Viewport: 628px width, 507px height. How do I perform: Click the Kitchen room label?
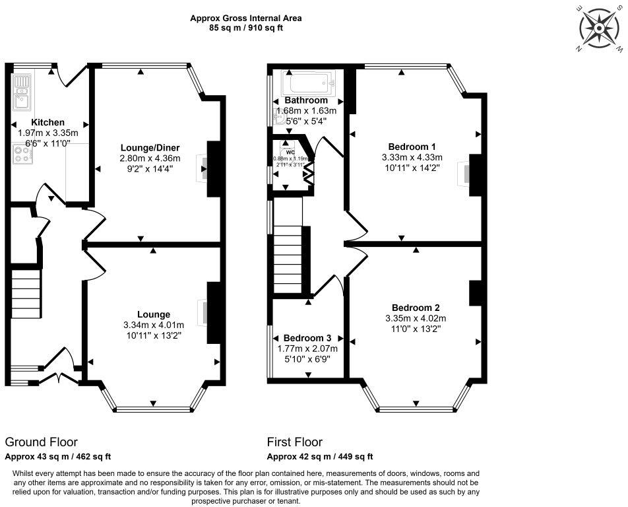pyautogui.click(x=48, y=122)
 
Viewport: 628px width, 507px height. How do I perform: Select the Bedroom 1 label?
pyautogui.click(x=412, y=146)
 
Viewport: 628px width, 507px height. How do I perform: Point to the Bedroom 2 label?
pyautogui.click(x=416, y=308)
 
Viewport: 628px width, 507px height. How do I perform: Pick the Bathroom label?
pyautogui.click(x=306, y=100)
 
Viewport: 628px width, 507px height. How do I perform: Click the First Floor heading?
pyautogui.click(x=295, y=442)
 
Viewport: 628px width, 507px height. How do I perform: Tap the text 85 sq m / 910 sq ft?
pyautogui.click(x=241, y=28)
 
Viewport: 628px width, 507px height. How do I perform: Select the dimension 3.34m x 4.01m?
pyautogui.click(x=153, y=325)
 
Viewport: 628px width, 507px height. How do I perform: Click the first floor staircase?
pyautogui.click(x=287, y=254)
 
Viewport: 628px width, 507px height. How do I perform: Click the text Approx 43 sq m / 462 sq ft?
pyautogui.click(x=58, y=457)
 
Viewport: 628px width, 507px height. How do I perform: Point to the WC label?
pyautogui.click(x=290, y=152)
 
